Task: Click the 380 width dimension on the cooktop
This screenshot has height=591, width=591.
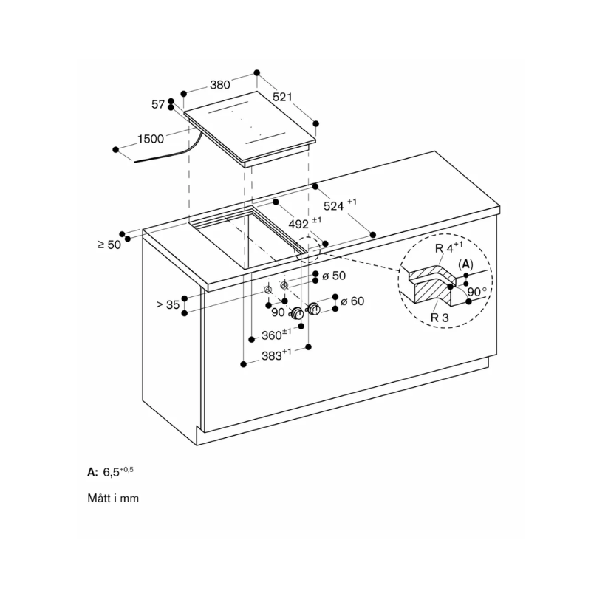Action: click(x=220, y=85)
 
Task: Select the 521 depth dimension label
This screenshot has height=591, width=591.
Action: click(x=283, y=97)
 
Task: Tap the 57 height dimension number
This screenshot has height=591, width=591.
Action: click(x=158, y=104)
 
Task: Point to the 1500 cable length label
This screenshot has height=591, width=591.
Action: click(x=151, y=139)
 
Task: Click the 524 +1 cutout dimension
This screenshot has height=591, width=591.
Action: click(x=340, y=205)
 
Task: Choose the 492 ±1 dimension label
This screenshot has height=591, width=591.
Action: click(x=305, y=224)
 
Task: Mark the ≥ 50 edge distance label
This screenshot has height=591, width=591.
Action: click(x=109, y=245)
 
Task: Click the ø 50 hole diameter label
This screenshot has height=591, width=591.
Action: click(x=334, y=276)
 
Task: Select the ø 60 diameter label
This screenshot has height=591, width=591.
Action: click(x=352, y=301)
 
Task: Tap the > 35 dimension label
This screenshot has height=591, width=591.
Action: click(x=168, y=304)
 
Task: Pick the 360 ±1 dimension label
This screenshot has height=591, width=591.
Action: click(x=276, y=335)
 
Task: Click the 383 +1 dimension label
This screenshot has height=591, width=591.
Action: click(x=276, y=355)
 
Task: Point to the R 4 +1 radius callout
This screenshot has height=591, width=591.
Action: click(x=449, y=247)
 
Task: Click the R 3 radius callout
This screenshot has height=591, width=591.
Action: click(x=440, y=318)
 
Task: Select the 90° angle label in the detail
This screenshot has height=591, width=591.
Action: click(x=477, y=292)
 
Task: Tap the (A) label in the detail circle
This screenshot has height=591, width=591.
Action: click(x=465, y=264)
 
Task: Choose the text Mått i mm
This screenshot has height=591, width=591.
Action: click(x=113, y=498)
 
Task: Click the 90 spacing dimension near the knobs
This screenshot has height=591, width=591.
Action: click(x=279, y=312)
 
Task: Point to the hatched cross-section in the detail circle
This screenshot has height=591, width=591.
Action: click(x=434, y=284)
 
